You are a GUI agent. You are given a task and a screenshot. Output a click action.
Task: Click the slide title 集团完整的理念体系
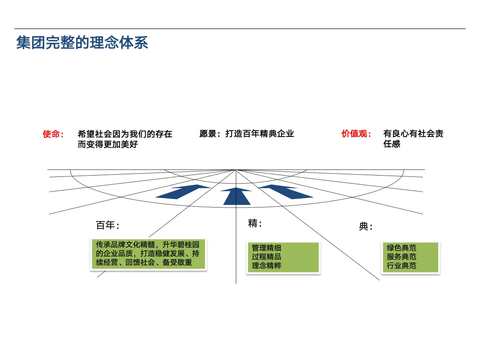82,43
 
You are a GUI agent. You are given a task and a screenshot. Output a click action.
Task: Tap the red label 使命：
53,134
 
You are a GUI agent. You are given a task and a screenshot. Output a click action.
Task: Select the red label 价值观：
356,134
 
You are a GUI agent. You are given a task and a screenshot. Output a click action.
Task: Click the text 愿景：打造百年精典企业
247,134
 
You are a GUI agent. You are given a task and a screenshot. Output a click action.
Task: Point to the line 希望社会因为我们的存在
125,134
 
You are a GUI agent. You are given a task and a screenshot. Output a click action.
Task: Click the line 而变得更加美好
108,144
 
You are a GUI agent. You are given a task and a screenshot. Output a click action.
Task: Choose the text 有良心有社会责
413,134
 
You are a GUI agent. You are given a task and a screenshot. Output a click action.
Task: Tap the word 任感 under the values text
392,144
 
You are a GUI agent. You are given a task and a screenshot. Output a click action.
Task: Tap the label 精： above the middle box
255,224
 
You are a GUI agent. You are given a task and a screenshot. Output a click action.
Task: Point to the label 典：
366,227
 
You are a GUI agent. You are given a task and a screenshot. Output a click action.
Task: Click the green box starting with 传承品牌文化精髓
148,254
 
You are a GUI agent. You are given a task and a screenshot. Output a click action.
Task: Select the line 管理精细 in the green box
266,248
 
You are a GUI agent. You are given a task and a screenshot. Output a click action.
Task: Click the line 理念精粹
266,266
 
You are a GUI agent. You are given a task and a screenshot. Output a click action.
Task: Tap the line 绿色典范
401,248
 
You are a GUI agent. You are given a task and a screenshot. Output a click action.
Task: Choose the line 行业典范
401,266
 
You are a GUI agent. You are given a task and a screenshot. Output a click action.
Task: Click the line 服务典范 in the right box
401,257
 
